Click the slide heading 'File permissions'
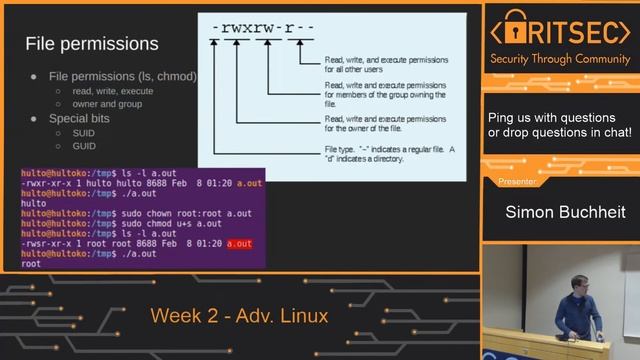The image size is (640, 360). (91, 44)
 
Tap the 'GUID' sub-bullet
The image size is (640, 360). (83, 146)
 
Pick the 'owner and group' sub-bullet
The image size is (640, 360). (108, 104)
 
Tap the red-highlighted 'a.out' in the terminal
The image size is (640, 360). (240, 244)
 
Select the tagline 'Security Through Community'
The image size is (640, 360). (560, 59)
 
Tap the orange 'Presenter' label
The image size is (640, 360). (517, 182)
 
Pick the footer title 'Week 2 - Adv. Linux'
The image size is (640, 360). (239, 317)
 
